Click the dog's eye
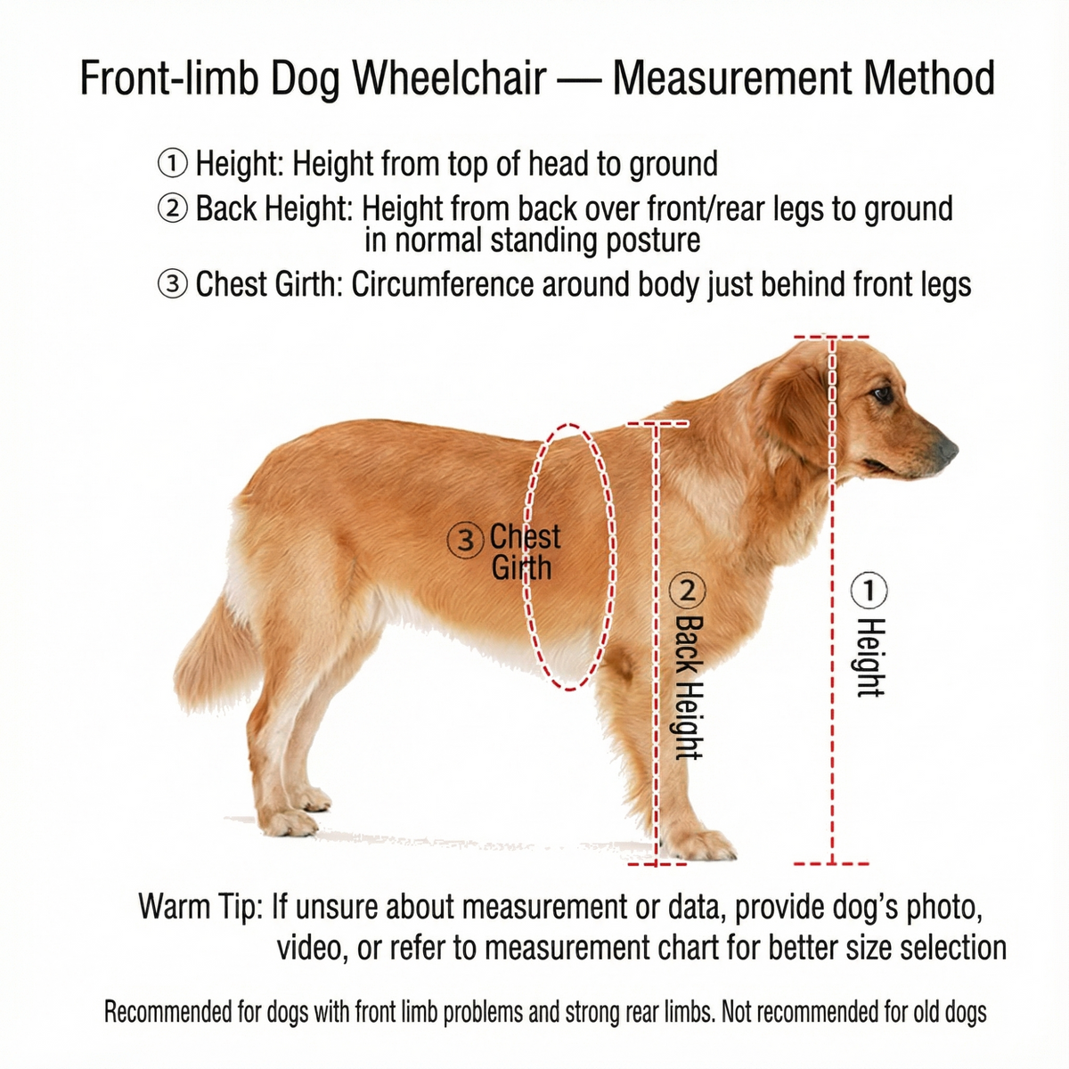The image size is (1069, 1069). (883, 395)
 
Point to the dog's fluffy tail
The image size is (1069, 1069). (214, 654)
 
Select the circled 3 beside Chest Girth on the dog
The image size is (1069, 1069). (464, 541)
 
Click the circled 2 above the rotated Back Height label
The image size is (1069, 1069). (688, 591)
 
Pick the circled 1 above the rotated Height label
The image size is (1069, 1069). (869, 590)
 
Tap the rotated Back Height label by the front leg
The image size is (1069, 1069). (690, 687)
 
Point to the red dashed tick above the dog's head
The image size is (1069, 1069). (831, 337)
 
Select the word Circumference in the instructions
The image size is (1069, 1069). (443, 284)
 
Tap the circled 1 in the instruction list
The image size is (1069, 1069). (173, 164)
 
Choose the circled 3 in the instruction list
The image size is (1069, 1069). (173, 284)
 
